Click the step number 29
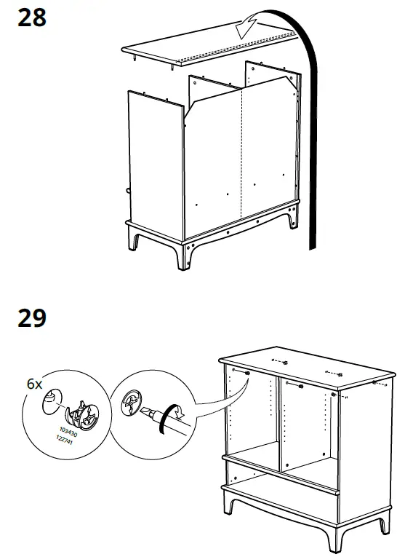tap(31, 318)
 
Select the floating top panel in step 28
tap(211, 47)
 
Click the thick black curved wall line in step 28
tap(312, 131)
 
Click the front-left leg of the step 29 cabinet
tap(232, 510)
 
